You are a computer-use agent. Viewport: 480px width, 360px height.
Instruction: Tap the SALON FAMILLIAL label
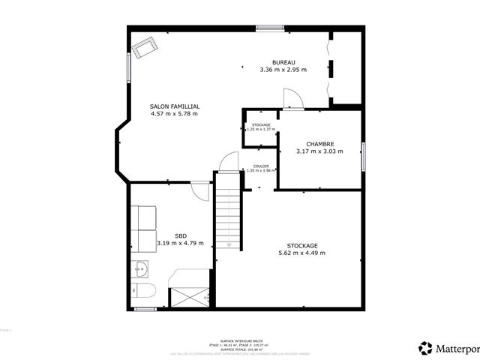click(x=174, y=106)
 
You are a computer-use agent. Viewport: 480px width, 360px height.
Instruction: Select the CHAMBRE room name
click(x=319, y=144)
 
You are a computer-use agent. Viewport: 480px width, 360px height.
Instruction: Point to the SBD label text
click(x=180, y=235)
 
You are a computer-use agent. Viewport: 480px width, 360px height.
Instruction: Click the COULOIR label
click(x=261, y=166)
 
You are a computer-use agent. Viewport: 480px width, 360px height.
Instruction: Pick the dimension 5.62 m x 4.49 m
click(x=301, y=253)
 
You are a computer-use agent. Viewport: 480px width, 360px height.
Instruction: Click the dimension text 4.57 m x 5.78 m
click(x=174, y=114)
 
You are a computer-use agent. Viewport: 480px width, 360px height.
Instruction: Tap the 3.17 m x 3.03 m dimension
click(x=319, y=151)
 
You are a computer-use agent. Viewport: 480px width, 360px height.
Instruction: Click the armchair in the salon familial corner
click(x=143, y=49)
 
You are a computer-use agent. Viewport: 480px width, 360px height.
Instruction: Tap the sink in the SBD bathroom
click(x=142, y=268)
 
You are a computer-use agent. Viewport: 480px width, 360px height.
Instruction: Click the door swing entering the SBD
click(x=199, y=190)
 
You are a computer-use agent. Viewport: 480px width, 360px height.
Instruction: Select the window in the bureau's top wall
click(x=269, y=28)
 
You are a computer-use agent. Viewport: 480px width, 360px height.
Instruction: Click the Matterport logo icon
click(x=425, y=348)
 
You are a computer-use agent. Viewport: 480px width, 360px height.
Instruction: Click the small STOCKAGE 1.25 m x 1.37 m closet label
click(x=260, y=127)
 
